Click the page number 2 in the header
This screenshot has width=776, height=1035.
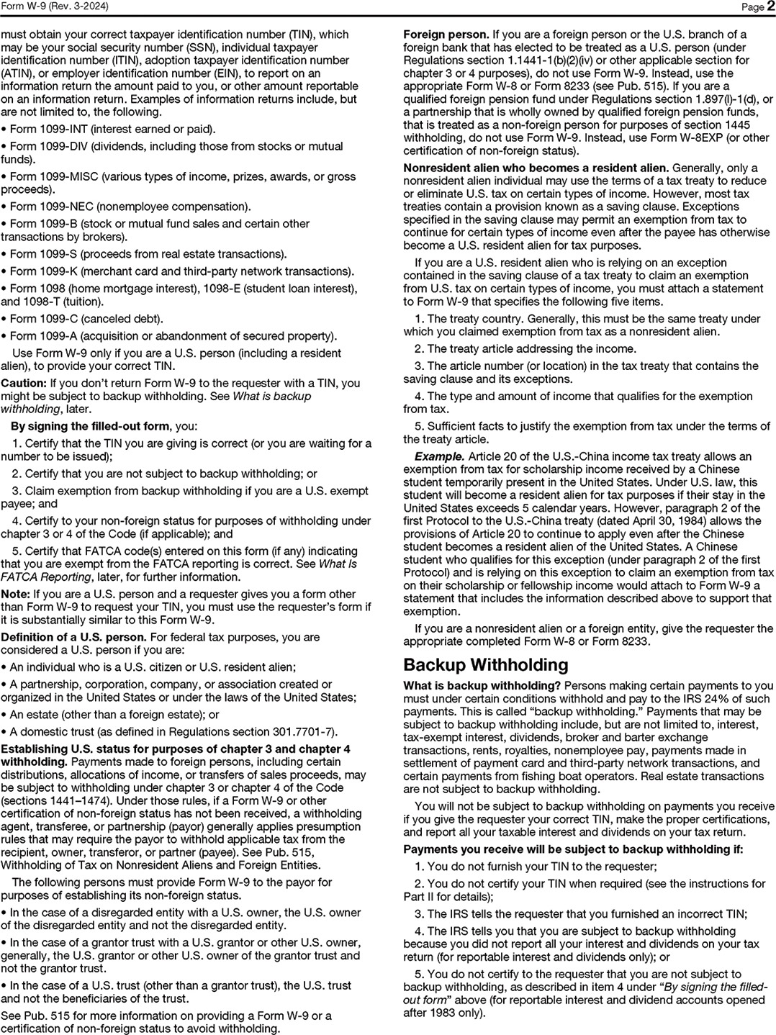[770, 6]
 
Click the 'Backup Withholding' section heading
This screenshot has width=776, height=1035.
[485, 664]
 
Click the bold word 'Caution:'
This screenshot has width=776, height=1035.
[23, 383]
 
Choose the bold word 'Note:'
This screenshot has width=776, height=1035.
[15, 594]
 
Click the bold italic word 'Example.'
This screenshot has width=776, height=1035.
[439, 456]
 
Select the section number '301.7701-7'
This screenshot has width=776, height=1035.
[302, 732]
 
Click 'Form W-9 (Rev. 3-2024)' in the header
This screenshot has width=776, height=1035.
[49, 6]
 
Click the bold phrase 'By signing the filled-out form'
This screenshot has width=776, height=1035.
[90, 426]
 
